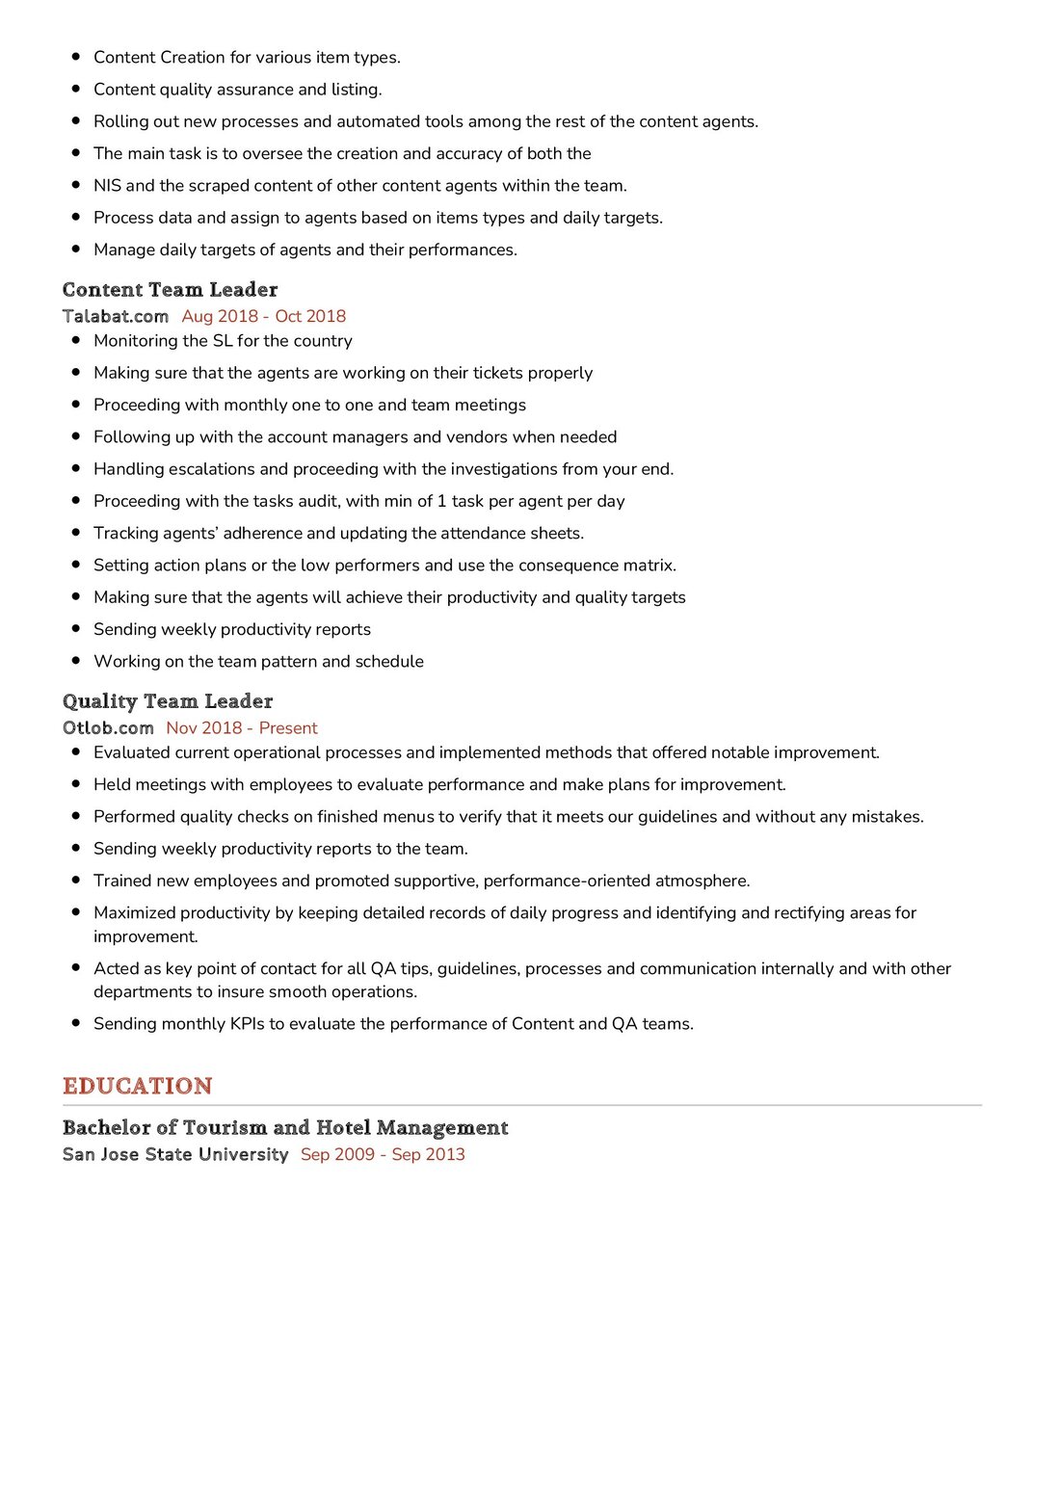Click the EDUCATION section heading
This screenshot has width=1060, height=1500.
point(137,1086)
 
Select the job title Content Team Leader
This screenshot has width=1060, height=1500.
point(170,289)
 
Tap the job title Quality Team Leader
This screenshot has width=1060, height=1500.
point(168,701)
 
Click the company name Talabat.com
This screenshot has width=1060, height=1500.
point(116,316)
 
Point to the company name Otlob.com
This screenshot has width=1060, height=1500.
point(108,728)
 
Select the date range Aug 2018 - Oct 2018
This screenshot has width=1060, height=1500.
point(263,316)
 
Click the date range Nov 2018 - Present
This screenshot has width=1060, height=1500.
point(242,728)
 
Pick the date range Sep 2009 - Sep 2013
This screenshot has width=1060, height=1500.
point(383,1154)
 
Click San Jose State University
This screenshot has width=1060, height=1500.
point(175,1154)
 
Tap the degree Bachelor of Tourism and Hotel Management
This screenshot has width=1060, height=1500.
point(285,1127)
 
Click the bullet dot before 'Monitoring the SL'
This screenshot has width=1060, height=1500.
point(76,340)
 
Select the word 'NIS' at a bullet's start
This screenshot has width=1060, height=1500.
point(107,186)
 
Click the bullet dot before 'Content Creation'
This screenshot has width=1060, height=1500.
point(76,57)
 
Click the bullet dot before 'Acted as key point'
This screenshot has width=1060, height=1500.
point(76,967)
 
